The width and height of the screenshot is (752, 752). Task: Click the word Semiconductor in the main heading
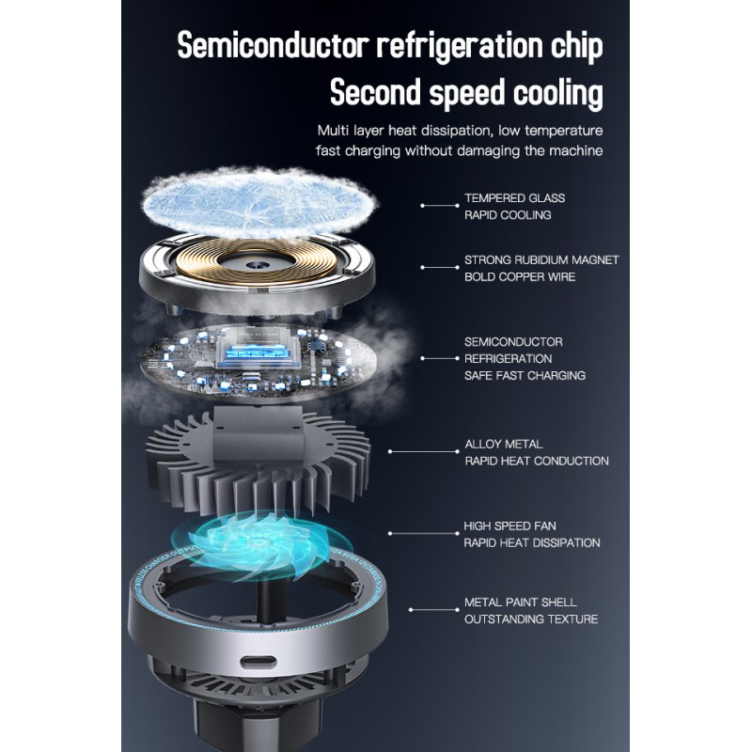(x=273, y=45)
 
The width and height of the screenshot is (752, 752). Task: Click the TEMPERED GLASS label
(x=514, y=198)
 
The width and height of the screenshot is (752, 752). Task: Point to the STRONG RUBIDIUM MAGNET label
(x=541, y=260)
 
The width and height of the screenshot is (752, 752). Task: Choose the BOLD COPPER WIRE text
(x=520, y=276)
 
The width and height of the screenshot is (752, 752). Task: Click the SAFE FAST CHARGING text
(x=525, y=375)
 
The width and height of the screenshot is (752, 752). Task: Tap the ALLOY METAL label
(x=504, y=444)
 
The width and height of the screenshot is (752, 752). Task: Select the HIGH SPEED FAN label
(x=509, y=526)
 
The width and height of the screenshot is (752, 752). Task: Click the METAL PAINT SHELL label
(x=521, y=603)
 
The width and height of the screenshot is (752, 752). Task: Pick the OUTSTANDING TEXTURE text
(x=531, y=619)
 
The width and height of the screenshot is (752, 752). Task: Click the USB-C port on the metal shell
(x=258, y=663)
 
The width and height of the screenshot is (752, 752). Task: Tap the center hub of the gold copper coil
(x=253, y=264)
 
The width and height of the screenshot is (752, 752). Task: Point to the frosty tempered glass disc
(x=259, y=202)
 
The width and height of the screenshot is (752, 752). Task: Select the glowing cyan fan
(x=262, y=547)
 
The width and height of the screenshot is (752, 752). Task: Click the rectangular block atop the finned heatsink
(x=258, y=433)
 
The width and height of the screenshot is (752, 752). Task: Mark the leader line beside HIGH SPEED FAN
(x=424, y=533)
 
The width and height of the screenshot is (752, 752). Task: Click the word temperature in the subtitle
(x=563, y=131)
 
